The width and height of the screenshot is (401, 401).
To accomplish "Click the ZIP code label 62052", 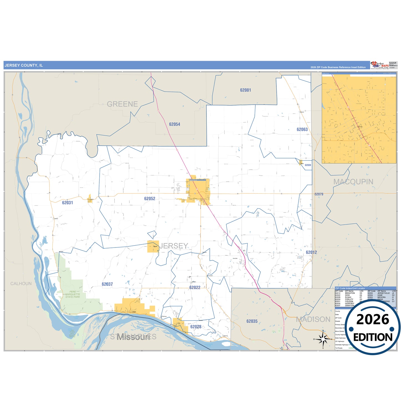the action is pyautogui.click(x=150, y=199).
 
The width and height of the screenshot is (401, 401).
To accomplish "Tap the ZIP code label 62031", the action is pyautogui.click(x=67, y=203).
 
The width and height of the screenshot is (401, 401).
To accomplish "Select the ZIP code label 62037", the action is pyautogui.click(x=107, y=284).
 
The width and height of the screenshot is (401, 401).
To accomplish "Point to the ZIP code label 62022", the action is pyautogui.click(x=195, y=287).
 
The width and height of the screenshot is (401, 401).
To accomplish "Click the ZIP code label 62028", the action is pyautogui.click(x=196, y=327).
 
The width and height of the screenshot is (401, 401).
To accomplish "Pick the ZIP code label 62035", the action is pyautogui.click(x=252, y=321).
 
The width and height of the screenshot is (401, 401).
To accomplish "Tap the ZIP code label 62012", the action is pyautogui.click(x=311, y=252).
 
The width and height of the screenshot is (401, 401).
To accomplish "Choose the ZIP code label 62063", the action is pyautogui.click(x=302, y=130).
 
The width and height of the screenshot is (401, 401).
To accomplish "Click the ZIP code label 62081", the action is pyautogui.click(x=246, y=90).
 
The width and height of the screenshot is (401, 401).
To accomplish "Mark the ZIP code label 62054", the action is pyautogui.click(x=175, y=124).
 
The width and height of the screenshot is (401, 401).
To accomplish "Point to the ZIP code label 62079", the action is pyautogui.click(x=319, y=194).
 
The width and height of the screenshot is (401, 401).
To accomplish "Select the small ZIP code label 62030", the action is pyautogui.click(x=308, y=165).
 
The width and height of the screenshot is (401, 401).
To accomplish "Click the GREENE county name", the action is pyautogui.click(x=122, y=104).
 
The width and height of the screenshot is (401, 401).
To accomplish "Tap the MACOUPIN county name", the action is pyautogui.click(x=353, y=182).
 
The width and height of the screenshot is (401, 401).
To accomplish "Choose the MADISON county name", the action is pyautogui.click(x=313, y=319).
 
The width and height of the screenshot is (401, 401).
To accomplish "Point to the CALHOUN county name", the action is pyautogui.click(x=21, y=284).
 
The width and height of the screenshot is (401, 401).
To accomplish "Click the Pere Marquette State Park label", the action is pyautogui.click(x=73, y=294).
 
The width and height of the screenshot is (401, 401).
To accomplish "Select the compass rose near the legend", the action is pyautogui.click(x=323, y=339).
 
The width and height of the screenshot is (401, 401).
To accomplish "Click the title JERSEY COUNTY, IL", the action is pyautogui.click(x=24, y=65).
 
